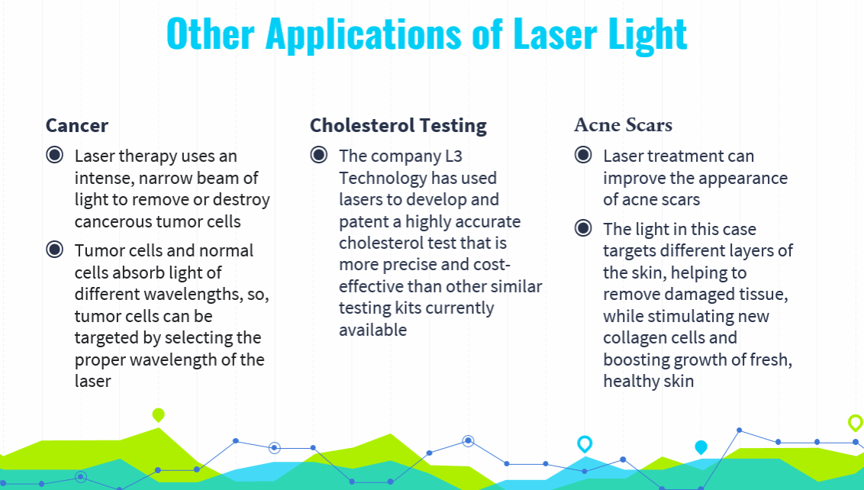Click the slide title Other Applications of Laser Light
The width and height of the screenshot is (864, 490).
427,34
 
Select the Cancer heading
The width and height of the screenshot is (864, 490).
77,126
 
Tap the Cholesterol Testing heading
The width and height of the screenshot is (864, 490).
398,126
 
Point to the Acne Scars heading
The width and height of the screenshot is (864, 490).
624,125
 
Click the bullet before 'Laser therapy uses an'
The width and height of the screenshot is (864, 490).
54,155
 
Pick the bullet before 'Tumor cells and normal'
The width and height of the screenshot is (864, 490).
54,250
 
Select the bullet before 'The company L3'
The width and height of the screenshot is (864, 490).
318,155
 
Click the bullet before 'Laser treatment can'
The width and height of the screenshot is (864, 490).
583,155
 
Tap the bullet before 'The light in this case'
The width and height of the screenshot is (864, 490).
583,227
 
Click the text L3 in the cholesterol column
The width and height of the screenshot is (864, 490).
453,156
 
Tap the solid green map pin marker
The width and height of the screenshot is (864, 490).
159,414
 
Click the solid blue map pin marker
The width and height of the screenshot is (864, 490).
701,447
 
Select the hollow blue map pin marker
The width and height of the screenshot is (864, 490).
585,443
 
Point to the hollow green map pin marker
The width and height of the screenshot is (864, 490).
855,423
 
